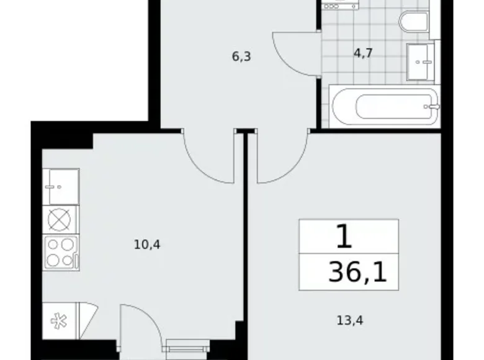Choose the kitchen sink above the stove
60,186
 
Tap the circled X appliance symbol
60,219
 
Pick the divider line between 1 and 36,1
348,254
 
